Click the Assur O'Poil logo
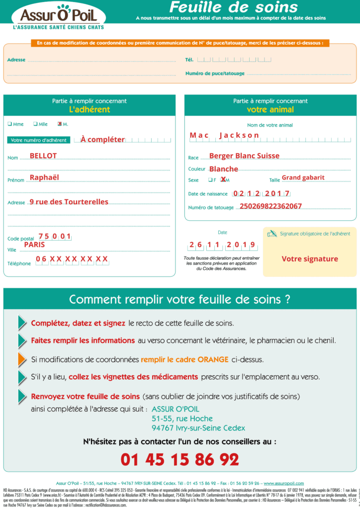coord(59,17)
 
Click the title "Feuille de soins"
coord(233,7)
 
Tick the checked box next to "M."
coord(60,124)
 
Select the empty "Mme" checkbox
coord(9,124)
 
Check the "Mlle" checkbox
coord(35,124)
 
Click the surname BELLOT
coord(43,156)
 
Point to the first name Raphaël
coord(44,177)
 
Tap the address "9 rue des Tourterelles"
coord(69,202)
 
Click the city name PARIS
coord(34,245)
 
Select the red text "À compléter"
coord(102,140)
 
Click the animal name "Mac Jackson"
coord(224,135)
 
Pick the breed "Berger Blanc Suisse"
coord(244,156)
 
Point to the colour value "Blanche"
coord(224,169)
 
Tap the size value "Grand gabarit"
coord(303,177)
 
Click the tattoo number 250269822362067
coord(270,206)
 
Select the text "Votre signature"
coord(309,259)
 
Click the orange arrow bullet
coord(22,359)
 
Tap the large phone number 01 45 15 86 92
coord(180,459)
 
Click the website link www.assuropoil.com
coord(283,483)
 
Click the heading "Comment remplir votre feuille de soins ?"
coord(180,300)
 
